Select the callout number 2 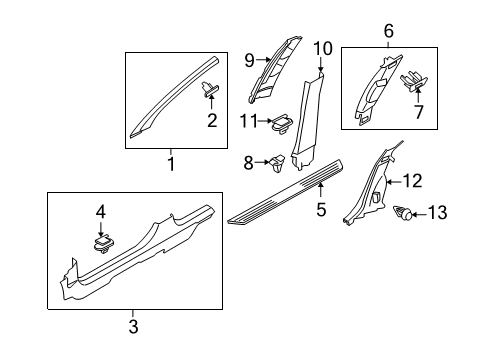pyautogui.click(x=211, y=122)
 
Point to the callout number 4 pyautogui.click(x=100, y=212)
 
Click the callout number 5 pyautogui.click(x=321, y=210)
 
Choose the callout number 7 pyautogui.click(x=419, y=112)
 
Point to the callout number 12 pyautogui.click(x=412, y=180)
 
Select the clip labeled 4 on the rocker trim pyautogui.click(x=100, y=244)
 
